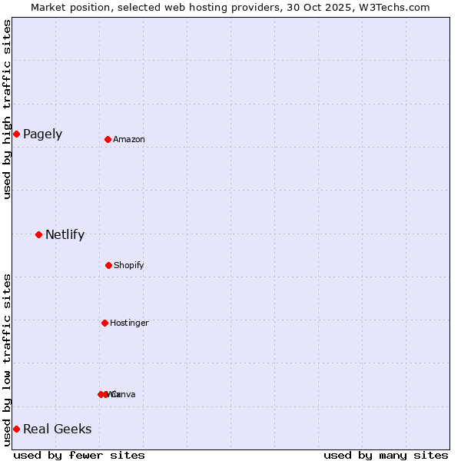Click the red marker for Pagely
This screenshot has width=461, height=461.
16,134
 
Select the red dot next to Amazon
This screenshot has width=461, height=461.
108,139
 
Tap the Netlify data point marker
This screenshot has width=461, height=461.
38,234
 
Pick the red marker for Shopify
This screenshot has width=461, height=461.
108,265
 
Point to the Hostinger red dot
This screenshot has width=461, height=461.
104,323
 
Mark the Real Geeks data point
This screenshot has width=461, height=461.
16,429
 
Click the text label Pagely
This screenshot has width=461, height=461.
42,134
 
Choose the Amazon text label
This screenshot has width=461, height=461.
129,139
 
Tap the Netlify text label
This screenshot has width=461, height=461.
65,235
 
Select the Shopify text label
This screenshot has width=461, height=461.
129,266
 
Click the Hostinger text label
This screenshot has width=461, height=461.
129,323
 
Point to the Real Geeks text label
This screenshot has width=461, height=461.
57,429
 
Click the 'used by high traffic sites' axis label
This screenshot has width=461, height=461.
7,109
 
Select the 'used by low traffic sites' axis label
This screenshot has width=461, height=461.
7,360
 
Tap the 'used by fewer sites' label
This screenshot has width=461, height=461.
79,456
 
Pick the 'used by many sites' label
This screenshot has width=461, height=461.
386,456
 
